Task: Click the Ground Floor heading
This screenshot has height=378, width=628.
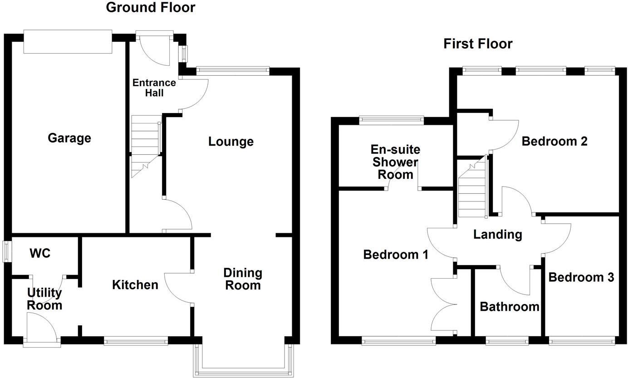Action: point(150,8)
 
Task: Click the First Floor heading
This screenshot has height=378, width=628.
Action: point(478,44)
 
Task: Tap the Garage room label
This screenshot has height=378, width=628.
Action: point(69,138)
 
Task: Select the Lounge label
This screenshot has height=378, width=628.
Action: point(231,142)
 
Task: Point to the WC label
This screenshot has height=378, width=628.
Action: point(40,253)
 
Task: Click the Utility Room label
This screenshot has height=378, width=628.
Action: point(44,299)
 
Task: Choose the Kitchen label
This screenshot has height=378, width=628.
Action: point(135,285)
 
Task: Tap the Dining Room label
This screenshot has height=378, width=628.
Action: point(243,279)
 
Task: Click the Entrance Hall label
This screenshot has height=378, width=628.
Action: point(148,88)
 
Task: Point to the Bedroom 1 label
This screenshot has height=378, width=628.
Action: point(396,255)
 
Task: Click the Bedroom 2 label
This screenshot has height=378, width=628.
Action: point(554,142)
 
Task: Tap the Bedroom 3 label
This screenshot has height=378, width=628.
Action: point(581,277)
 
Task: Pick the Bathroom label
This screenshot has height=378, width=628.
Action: point(509,307)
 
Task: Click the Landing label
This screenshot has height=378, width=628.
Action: point(497,235)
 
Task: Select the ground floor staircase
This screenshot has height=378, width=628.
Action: point(146,146)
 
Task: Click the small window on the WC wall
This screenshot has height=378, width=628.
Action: point(7,251)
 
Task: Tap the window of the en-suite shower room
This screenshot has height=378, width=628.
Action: point(391,120)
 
